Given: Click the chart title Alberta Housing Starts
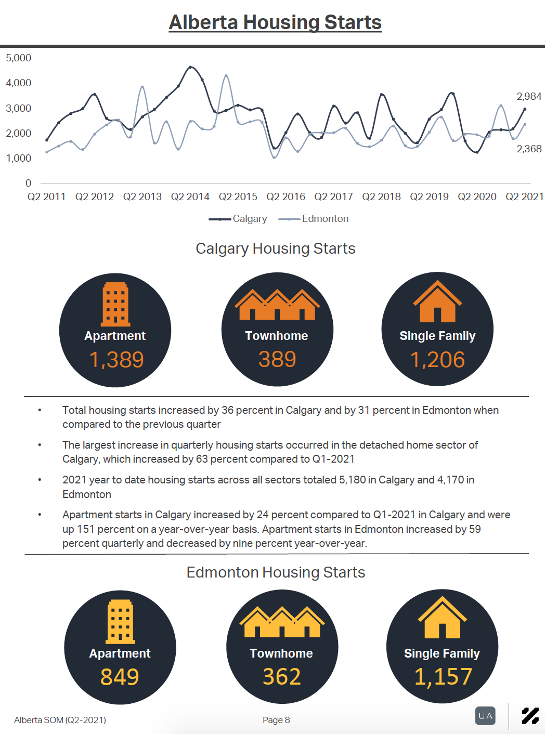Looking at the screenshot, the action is (x=275, y=22).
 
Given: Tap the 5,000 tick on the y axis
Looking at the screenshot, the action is (x=19, y=58).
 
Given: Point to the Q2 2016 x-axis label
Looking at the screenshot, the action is (x=286, y=196).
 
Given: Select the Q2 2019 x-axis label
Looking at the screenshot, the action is (x=429, y=196).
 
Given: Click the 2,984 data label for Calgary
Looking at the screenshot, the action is (x=529, y=96).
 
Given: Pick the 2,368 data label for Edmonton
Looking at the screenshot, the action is (x=529, y=149).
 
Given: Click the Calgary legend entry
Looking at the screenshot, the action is (x=238, y=219).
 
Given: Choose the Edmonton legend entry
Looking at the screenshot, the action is (x=314, y=219).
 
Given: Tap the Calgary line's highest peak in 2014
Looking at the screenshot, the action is (x=190, y=67).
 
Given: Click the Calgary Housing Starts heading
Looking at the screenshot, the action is (x=276, y=248).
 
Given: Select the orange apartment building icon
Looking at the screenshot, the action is (x=115, y=305).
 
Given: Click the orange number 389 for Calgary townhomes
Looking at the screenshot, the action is (x=277, y=359).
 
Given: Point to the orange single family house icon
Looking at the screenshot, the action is (x=437, y=301).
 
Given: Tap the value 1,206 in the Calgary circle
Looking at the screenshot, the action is (x=437, y=360).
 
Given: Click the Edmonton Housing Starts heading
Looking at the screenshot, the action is (x=276, y=572).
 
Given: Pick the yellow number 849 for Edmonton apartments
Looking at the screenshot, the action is (x=120, y=677).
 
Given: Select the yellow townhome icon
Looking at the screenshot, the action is (x=282, y=622).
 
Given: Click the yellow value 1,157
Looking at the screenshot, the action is (x=443, y=677).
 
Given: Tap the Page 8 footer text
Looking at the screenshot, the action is (x=276, y=720).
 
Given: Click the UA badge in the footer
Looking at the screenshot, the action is (x=485, y=716).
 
